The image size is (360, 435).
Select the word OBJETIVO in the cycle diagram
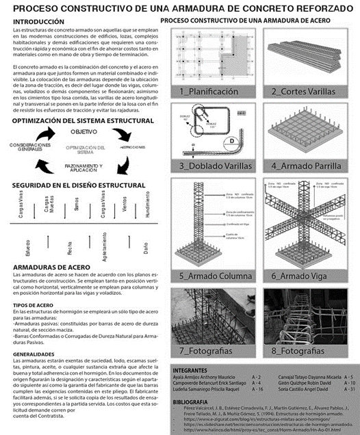83,131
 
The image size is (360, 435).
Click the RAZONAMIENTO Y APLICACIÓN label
83,168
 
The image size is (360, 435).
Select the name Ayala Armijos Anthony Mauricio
205,376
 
